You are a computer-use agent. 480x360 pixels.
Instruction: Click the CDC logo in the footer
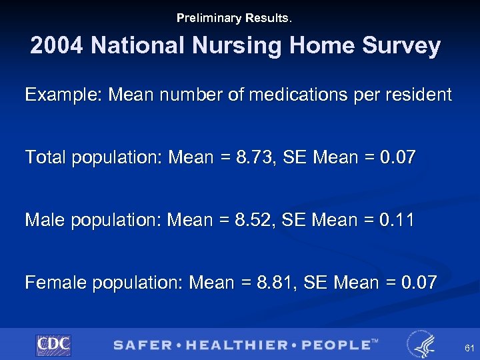(53, 345)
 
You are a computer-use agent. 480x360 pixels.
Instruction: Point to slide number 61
(469, 349)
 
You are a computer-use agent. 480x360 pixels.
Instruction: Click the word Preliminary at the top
(205, 18)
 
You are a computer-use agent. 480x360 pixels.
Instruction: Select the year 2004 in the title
(57, 46)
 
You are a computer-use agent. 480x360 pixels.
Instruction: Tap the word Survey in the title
(406, 46)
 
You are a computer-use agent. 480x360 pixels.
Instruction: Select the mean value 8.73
(252, 157)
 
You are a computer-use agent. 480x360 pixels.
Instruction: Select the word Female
(55, 283)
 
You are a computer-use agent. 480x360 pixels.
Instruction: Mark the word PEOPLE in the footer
(337, 345)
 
